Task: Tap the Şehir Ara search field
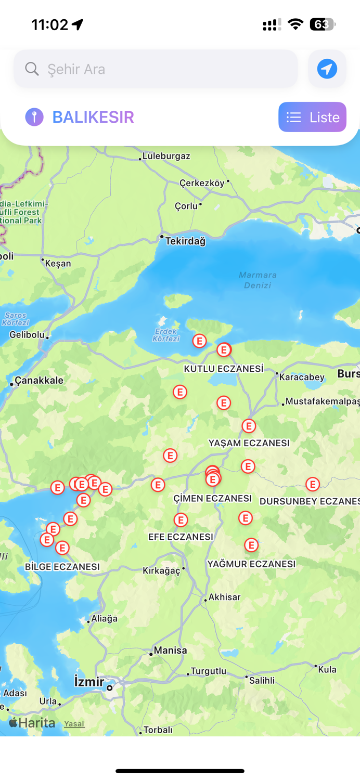click(x=156, y=69)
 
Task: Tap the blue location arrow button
click(x=327, y=69)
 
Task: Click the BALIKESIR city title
click(x=93, y=117)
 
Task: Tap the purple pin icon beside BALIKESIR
click(x=34, y=117)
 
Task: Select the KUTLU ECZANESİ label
click(x=224, y=369)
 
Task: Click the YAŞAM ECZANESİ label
click(x=249, y=443)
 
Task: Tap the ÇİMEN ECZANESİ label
click(x=212, y=498)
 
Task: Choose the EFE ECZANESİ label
click(x=181, y=537)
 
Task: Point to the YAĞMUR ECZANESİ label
click(x=251, y=564)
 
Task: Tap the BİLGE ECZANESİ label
click(x=62, y=566)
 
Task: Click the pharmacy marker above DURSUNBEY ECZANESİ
click(x=312, y=484)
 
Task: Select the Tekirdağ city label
click(x=185, y=241)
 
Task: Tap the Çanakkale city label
click(x=39, y=380)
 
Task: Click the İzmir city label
click(x=89, y=681)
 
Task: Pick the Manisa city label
click(x=170, y=650)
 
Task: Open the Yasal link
click(x=74, y=723)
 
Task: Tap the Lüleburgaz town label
click(x=166, y=156)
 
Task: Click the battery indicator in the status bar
click(x=323, y=24)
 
